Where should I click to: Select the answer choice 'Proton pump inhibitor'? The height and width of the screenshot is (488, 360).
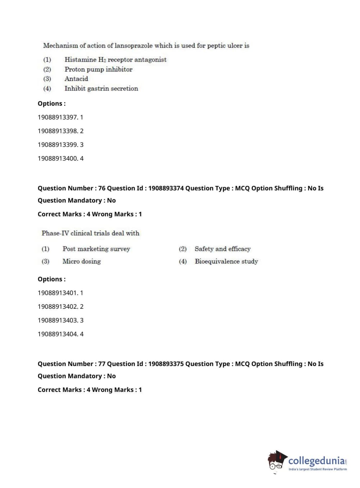click(98, 69)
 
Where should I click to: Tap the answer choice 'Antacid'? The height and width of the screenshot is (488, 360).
click(76, 79)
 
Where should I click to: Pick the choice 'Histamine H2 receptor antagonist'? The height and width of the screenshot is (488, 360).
click(115, 60)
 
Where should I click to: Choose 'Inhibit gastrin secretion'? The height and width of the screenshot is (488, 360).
click(101, 89)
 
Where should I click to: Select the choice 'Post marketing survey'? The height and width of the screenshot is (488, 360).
click(96, 249)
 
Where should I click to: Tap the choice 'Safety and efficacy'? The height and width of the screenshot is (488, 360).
click(222, 249)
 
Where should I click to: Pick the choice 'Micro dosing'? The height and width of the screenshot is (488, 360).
click(81, 262)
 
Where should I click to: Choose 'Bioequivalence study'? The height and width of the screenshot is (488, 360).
click(226, 262)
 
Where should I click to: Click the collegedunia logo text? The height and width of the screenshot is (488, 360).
click(316, 461)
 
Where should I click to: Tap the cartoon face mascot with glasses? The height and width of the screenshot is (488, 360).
click(277, 461)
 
